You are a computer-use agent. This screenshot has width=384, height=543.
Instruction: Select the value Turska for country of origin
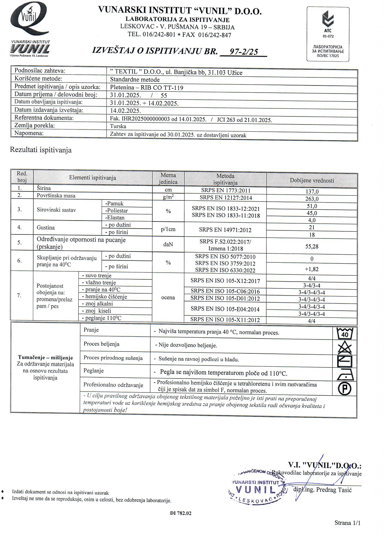118,126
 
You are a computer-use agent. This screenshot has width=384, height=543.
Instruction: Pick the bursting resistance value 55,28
312,247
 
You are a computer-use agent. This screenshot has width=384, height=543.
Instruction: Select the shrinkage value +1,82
312,269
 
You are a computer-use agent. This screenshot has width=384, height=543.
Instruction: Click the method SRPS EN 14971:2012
225,230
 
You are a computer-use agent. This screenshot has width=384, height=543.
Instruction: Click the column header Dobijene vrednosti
312,180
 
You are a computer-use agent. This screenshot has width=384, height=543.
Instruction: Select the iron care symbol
344,375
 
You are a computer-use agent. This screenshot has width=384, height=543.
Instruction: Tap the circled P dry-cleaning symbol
344,388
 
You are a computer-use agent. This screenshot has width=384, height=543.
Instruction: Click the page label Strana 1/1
347,523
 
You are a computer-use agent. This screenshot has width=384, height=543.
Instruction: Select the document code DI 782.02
181,513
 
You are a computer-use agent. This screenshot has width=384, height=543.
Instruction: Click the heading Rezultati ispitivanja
41,150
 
